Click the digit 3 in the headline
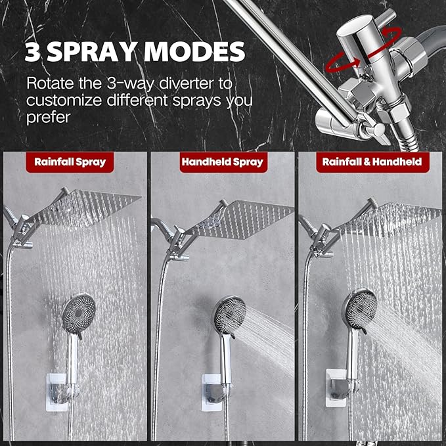(x=32, y=51)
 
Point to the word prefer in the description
(x=49, y=118)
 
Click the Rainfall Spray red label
(x=70, y=162)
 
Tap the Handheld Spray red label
(x=223, y=162)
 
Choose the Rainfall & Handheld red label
(x=372, y=162)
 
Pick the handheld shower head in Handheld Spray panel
(x=229, y=316)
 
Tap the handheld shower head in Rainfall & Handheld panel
(x=361, y=310)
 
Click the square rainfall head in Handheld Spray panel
(x=242, y=219)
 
